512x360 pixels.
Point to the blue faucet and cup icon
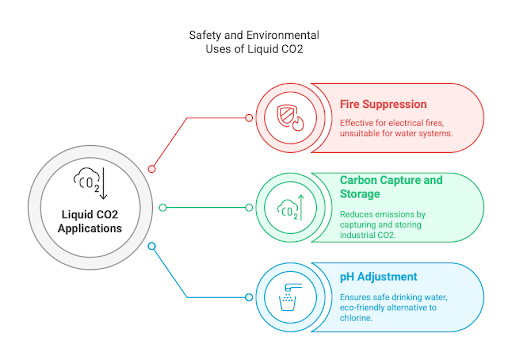(x=288, y=297)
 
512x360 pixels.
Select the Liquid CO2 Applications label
(x=89, y=221)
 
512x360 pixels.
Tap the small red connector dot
(x=152, y=169)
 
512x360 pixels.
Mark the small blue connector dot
(x=152, y=245)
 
